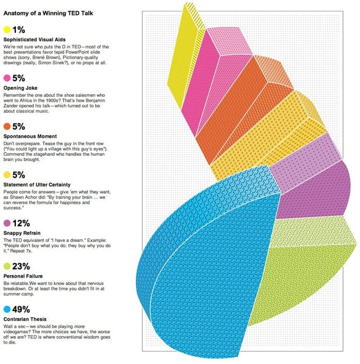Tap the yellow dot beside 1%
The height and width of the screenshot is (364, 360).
click(7, 29)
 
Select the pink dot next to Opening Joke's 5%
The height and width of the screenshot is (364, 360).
click(7, 78)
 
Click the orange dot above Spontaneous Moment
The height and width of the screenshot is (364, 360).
click(7, 126)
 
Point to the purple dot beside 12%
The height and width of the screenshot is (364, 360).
click(7, 223)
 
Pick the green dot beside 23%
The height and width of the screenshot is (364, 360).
click(7, 266)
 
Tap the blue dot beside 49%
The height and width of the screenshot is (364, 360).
click(7, 309)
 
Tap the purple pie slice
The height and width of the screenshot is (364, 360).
click(309, 190)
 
